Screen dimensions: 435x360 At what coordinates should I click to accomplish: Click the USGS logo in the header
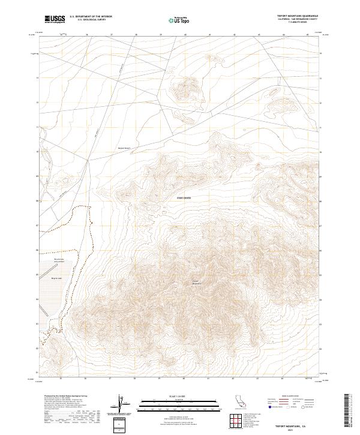tap(53, 19)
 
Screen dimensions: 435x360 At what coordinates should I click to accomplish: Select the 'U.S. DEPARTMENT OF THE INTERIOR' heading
tap(91, 17)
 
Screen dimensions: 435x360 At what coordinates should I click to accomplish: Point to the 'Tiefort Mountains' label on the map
tap(196, 281)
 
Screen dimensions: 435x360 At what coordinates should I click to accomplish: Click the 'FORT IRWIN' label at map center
tap(183, 196)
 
